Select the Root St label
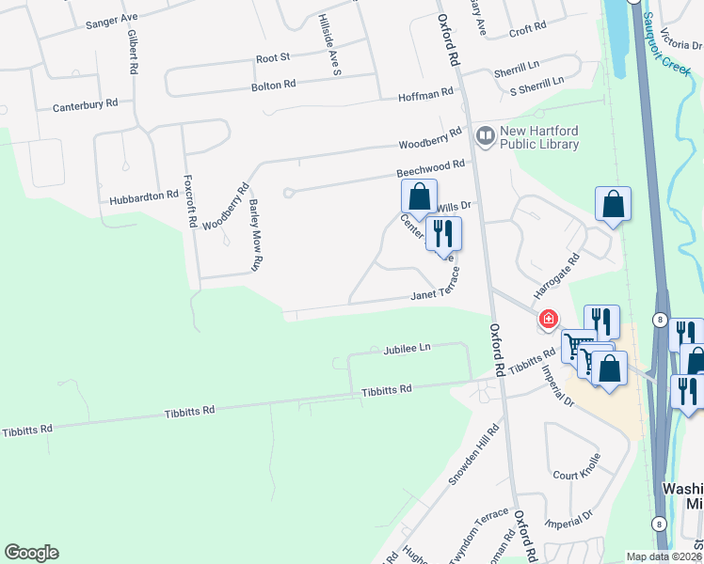tap(274, 58)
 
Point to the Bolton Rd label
tap(273, 85)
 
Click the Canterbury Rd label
tap(85, 103)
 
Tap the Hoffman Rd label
tap(425, 96)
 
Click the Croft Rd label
tap(527, 29)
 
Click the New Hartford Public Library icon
tap(485, 137)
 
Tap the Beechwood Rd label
tap(431, 165)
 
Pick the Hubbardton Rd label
tap(143, 196)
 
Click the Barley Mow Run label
tap(255, 235)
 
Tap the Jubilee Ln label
tap(407, 348)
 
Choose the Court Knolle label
tap(576, 476)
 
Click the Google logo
tap(31, 553)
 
